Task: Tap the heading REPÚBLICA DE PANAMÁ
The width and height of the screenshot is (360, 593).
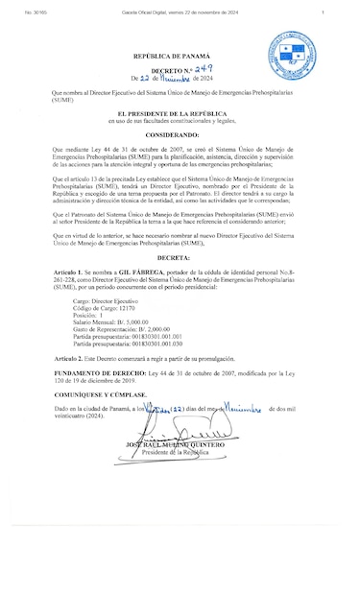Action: pyautogui.click(x=180, y=59)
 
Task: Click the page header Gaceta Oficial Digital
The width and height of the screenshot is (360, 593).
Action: pyautogui.click(x=180, y=12)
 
